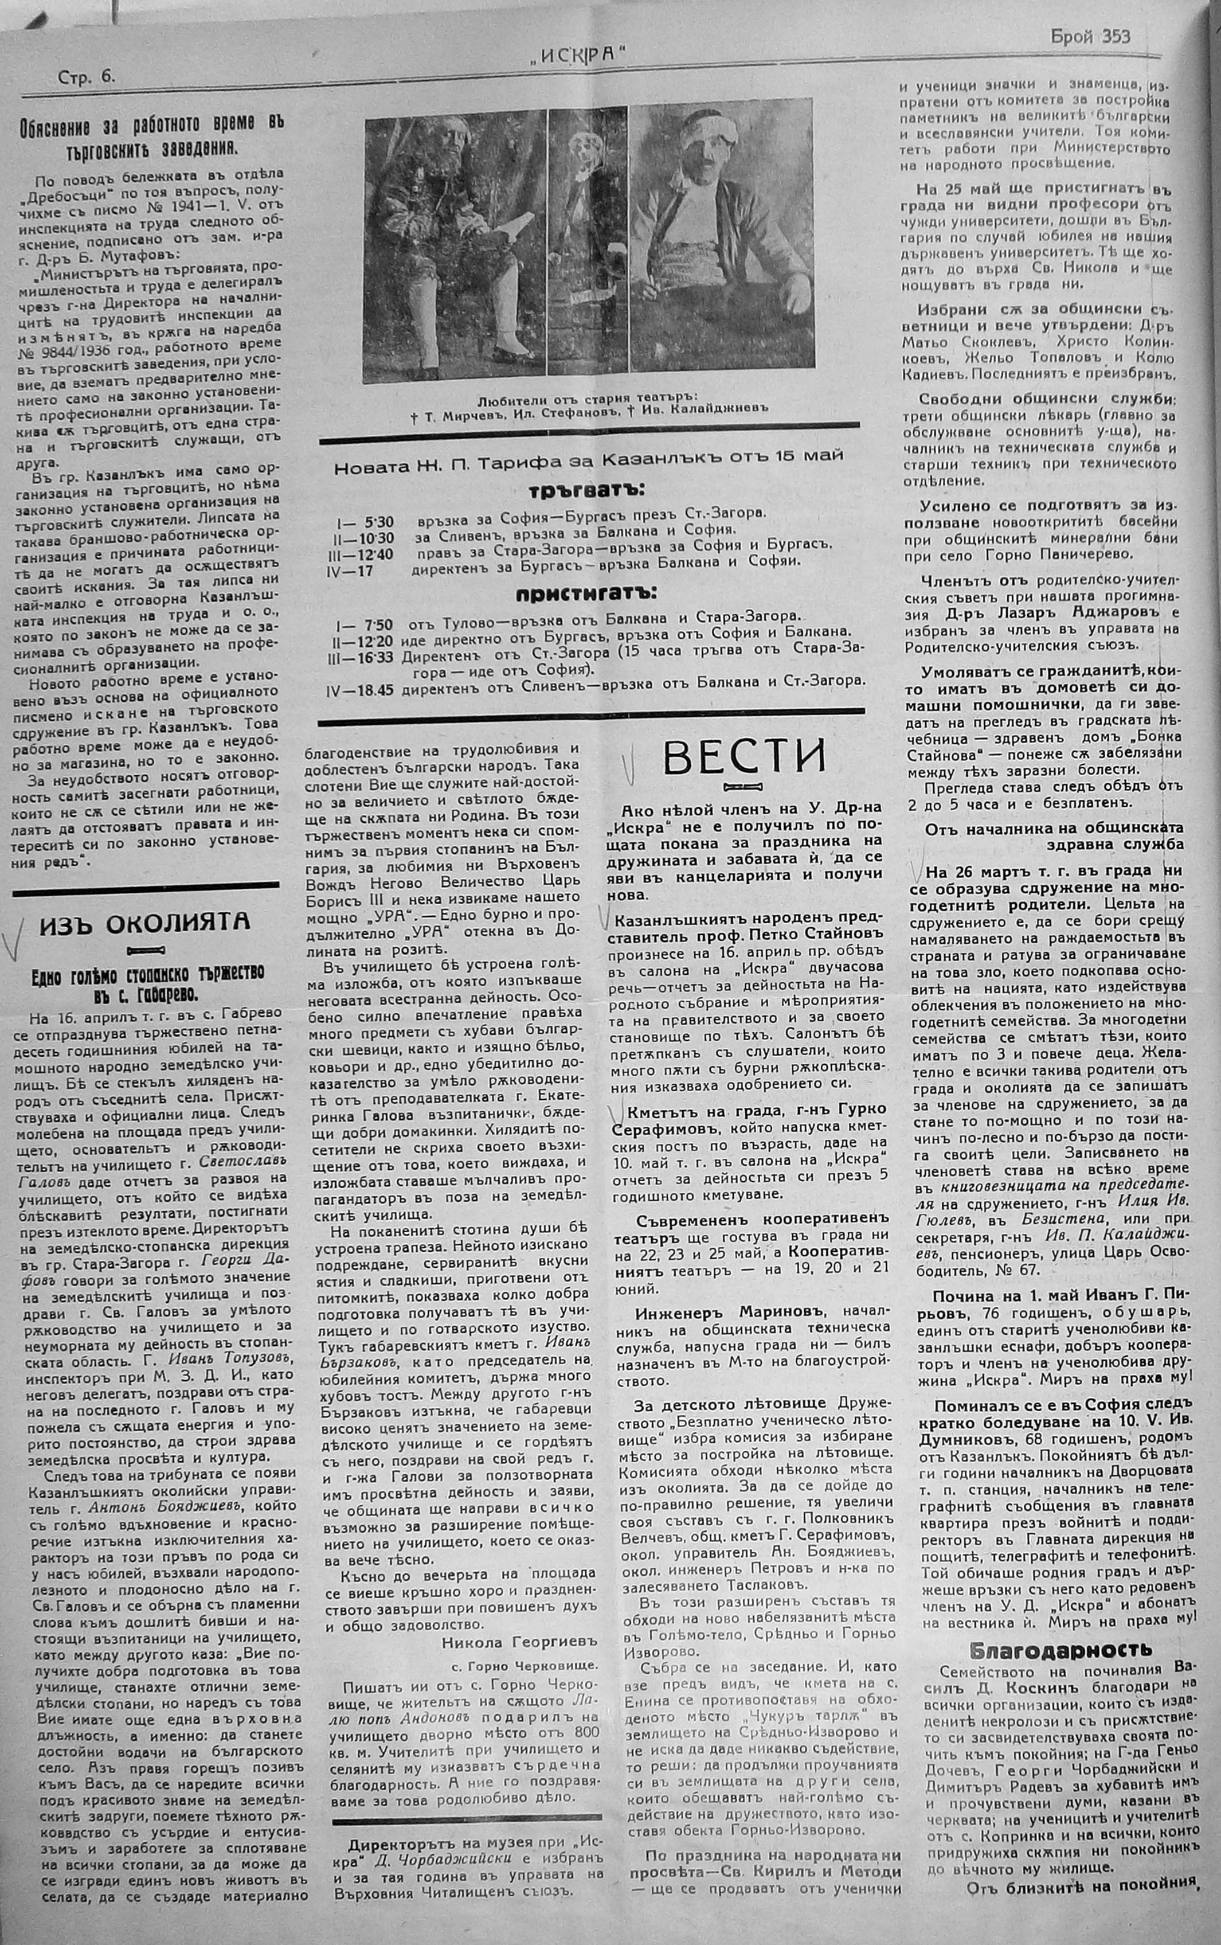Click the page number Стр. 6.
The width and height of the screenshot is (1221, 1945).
click(87, 77)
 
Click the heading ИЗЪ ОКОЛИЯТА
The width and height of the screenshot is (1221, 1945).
click(144, 923)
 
